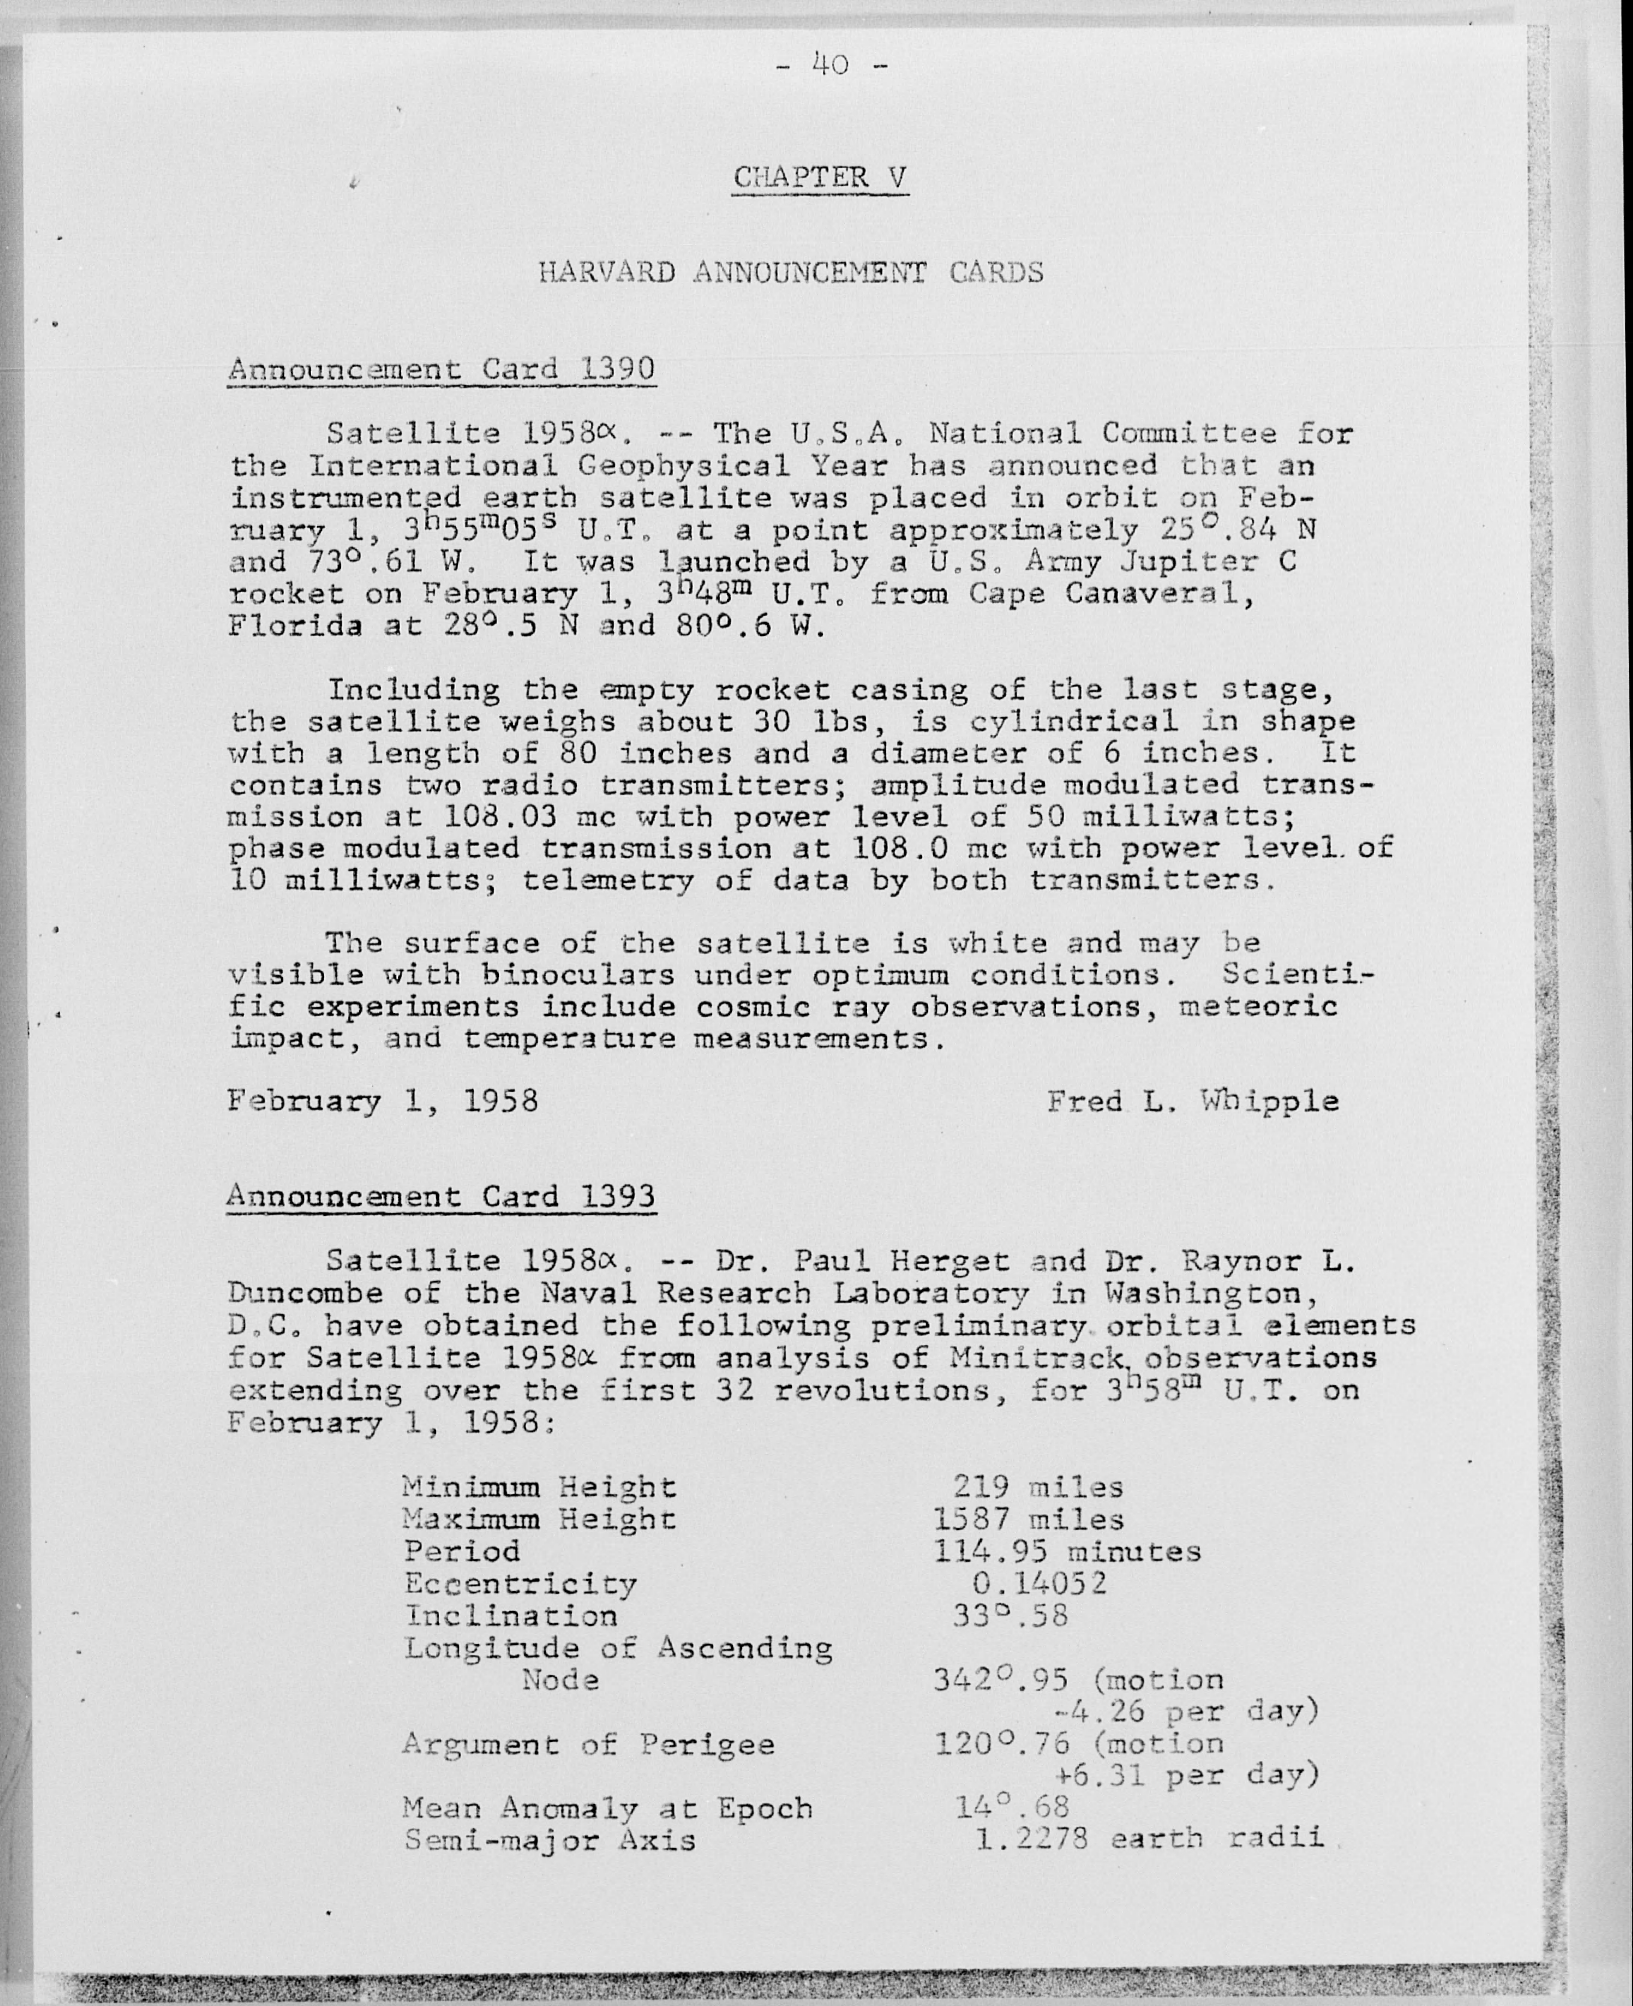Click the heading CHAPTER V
coord(820,177)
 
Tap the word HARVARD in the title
coord(607,273)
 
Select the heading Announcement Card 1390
coord(441,368)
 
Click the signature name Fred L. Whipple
coord(1193,1100)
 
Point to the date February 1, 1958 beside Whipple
coord(382,1100)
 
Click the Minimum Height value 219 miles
coord(1037,1488)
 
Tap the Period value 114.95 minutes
coord(1067,1551)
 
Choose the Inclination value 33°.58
coord(1010,1616)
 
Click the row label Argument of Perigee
coord(588,1744)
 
